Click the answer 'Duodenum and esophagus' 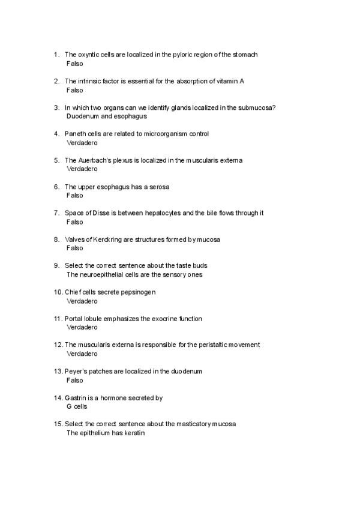tap(107, 116)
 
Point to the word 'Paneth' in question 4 tap(75, 134)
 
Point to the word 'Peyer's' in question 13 tap(76, 372)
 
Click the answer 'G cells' tap(77, 407)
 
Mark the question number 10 tap(58, 292)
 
